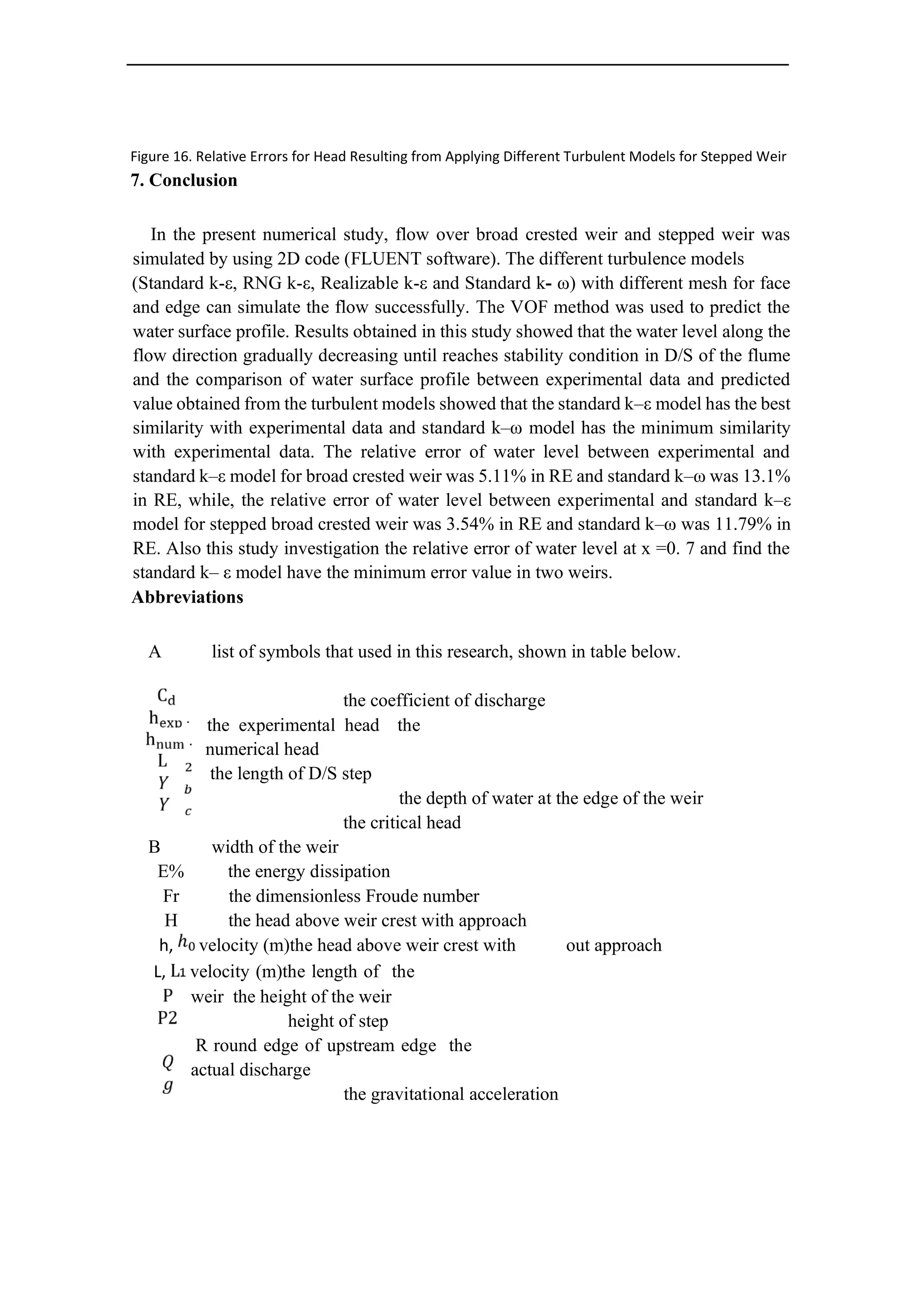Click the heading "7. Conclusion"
[184, 180]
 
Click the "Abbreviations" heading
[187, 597]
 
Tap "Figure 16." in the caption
[161, 156]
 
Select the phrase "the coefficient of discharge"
[444, 701]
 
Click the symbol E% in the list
[171, 872]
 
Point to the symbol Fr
[171, 896]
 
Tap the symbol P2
[167, 1018]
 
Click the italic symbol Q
[167, 1061]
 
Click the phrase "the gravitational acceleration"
[451, 1094]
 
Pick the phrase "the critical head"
[402, 823]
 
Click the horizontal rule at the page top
[457, 65]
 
